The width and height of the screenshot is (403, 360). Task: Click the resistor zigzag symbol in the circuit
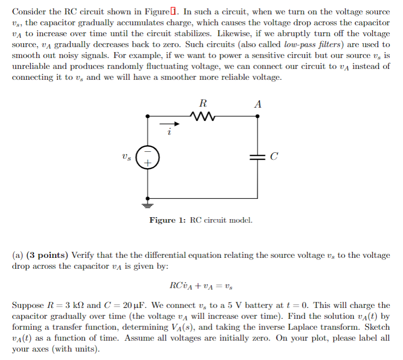point(202,117)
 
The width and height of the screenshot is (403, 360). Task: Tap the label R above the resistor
point(202,104)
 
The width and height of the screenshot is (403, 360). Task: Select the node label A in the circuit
point(257,104)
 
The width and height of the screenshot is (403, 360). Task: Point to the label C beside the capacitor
point(274,157)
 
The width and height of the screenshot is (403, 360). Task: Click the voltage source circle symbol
point(148,157)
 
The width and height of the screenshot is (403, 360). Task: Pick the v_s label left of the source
point(127,157)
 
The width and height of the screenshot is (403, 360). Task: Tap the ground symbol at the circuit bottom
point(148,203)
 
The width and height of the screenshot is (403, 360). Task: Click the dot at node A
point(257,117)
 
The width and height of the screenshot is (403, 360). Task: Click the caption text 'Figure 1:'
point(169,220)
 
